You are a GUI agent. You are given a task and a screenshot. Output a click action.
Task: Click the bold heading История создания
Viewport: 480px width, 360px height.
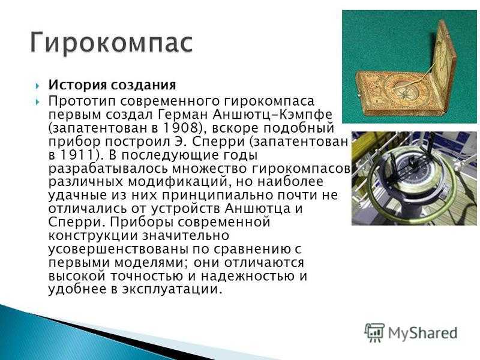pyautogui.click(x=112, y=85)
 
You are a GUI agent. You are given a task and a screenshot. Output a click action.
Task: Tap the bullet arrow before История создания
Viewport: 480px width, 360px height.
pyautogui.click(x=37, y=86)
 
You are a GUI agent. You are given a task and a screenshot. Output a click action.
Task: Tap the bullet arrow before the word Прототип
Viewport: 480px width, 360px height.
pyautogui.click(x=37, y=101)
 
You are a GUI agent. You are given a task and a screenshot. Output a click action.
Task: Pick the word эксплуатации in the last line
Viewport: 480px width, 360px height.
pyautogui.click(x=168, y=289)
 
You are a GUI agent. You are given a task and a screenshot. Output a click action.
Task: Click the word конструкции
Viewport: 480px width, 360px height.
pyautogui.click(x=92, y=236)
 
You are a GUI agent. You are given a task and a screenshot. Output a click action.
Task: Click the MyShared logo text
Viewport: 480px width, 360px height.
pyautogui.click(x=423, y=333)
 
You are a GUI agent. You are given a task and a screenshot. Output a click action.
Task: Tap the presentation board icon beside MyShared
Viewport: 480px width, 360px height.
pyautogui.click(x=374, y=332)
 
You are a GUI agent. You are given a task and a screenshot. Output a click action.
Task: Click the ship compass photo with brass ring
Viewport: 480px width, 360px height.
pyautogui.click(x=414, y=178)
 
